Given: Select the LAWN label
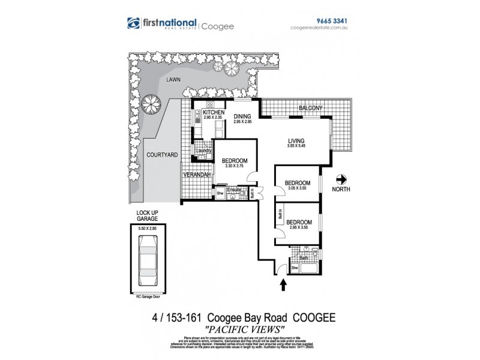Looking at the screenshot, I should [x=174, y=79].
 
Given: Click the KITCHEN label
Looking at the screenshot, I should [x=214, y=113].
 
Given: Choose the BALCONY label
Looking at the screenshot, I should [x=311, y=108].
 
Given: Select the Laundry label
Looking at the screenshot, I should [x=203, y=151].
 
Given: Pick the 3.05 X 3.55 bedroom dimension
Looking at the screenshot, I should [x=297, y=188].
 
